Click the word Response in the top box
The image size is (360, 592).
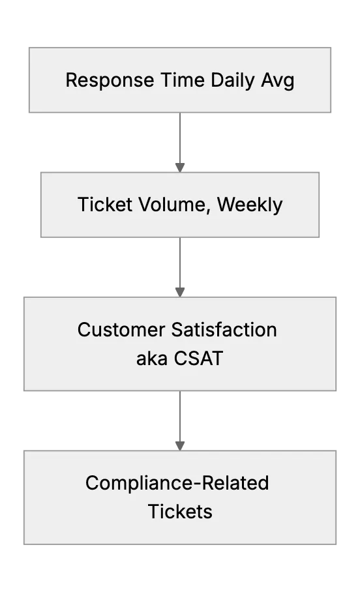click(x=110, y=80)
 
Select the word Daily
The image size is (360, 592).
click(x=233, y=81)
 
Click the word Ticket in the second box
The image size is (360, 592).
click(x=105, y=205)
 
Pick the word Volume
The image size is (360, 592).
click(x=172, y=205)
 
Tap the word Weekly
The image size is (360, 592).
click(x=250, y=205)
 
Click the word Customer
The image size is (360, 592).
click(x=121, y=330)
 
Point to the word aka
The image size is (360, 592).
click(x=152, y=359)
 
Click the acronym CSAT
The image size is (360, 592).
click(x=198, y=359)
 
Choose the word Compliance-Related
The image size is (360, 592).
click(x=177, y=483)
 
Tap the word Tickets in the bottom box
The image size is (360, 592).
click(x=180, y=512)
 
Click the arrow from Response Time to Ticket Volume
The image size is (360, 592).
click(x=180, y=142)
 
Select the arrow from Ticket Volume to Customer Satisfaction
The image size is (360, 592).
click(x=180, y=267)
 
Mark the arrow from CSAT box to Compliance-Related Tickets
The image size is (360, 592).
click(x=180, y=421)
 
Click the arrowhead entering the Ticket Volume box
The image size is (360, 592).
click(x=180, y=168)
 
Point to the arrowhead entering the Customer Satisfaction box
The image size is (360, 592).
click(x=180, y=292)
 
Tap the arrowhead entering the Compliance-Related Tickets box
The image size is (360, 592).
click(x=180, y=446)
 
